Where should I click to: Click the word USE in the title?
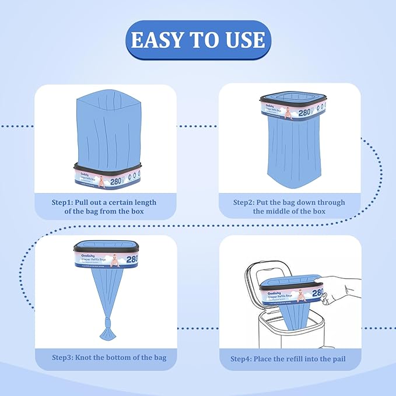click(244, 40)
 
